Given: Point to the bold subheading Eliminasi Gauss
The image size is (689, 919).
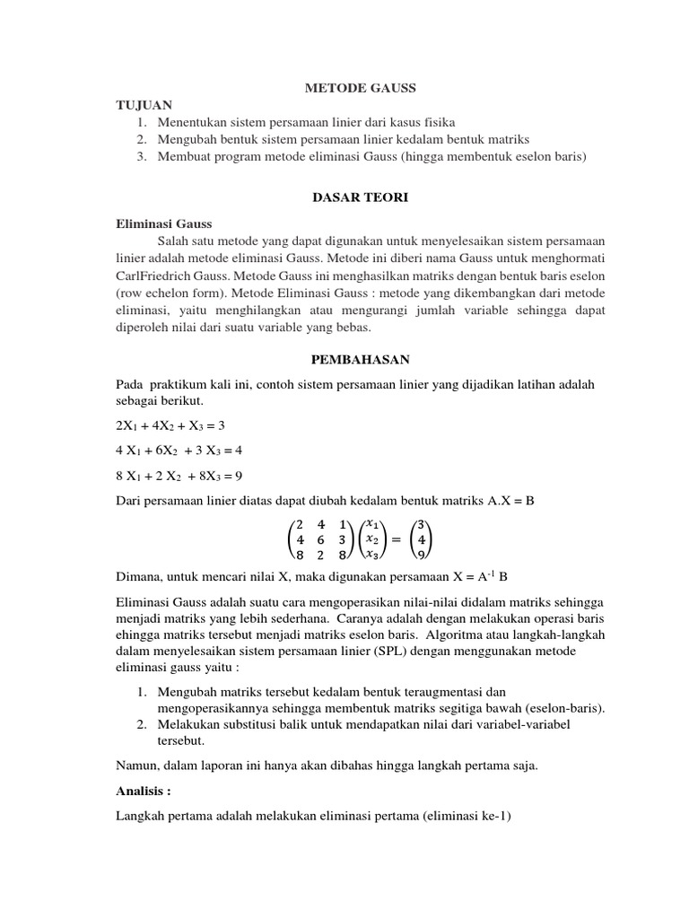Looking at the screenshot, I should pos(165,224).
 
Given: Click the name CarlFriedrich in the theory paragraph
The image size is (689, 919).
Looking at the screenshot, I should pos(158,276).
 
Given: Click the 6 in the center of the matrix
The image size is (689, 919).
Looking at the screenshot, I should pos(320,539).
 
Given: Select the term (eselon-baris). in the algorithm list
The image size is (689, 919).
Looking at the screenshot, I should pos(563,708).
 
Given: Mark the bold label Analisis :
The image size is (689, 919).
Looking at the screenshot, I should pos(144,792).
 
